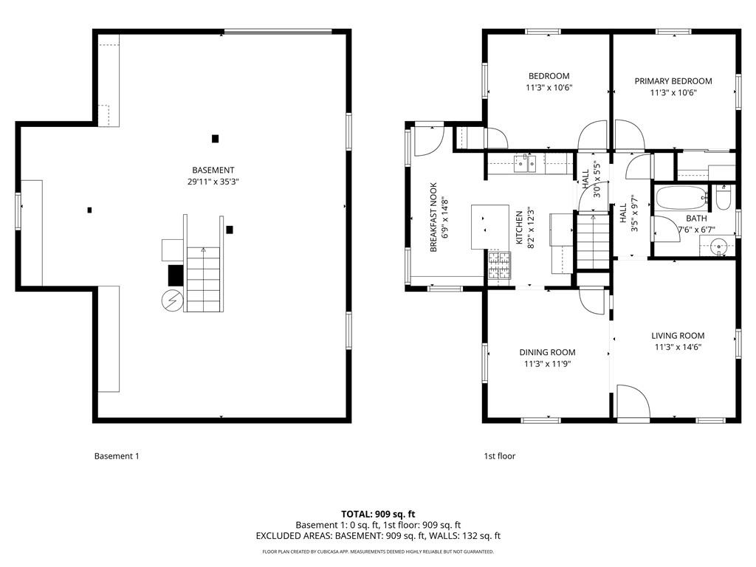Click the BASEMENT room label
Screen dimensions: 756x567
pos(213,171)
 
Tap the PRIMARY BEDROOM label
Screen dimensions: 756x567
pos(673,81)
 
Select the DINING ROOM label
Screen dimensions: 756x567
pos(547,352)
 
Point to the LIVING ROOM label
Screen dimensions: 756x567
pos(678,336)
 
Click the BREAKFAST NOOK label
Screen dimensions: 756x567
pos(433,217)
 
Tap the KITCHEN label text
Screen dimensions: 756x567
pos(519,227)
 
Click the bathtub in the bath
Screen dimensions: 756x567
pos(681,198)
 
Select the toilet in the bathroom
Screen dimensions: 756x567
pos(724,198)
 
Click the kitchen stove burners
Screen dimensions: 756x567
pos(499,266)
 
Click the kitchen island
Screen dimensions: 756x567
pos(490,227)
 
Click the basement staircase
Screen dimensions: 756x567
pos(203,279)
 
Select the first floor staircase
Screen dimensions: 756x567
pos(594,241)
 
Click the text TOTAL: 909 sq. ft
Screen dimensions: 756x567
pos(378,514)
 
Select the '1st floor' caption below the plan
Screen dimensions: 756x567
pos(500,456)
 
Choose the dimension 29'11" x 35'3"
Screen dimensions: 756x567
pos(213,182)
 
